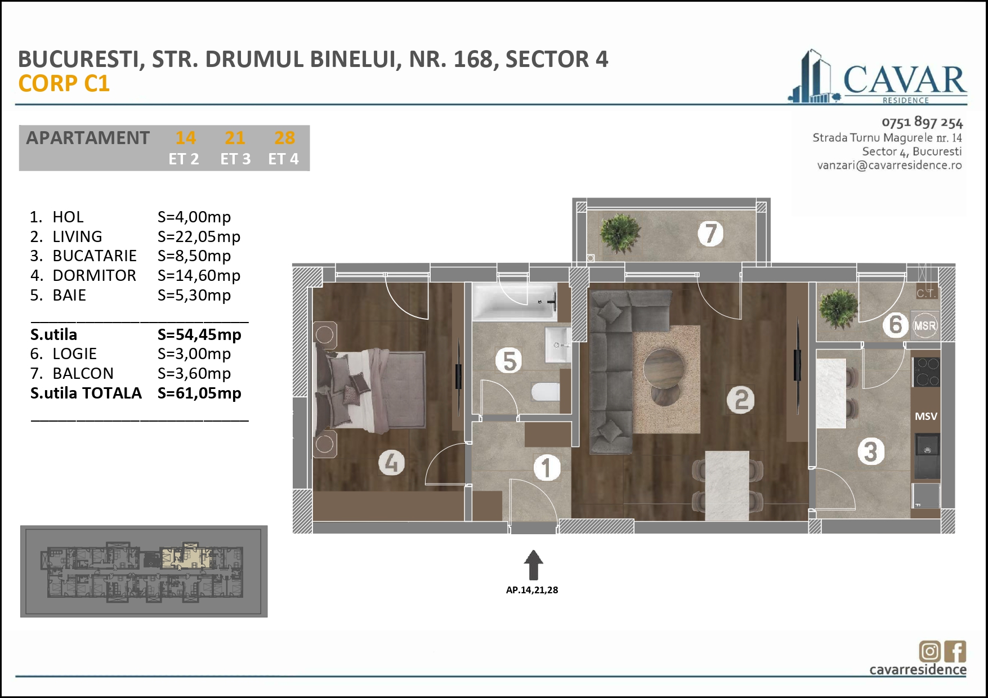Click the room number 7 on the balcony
coord(710,233)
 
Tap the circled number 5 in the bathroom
coord(509,361)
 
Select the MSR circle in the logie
coord(924,326)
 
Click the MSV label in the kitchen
coord(926,417)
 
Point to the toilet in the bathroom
coord(546,392)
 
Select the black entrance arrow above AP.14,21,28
coord(533,565)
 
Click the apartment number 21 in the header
coord(235,138)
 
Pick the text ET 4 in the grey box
coord(283,159)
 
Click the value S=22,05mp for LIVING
coord(199,236)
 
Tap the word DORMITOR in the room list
coord(94,275)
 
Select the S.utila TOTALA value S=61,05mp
coord(199,393)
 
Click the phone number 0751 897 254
coord(922,122)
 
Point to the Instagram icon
coord(929,651)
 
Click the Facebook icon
coord(955,651)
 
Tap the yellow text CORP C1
coord(64,84)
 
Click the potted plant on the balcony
coord(619,234)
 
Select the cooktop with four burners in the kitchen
coord(926,372)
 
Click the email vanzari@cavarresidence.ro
coord(889,165)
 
